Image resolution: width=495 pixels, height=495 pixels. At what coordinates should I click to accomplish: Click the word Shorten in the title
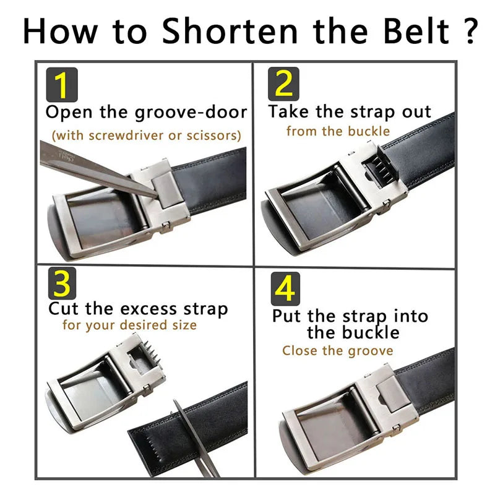coord(230,30)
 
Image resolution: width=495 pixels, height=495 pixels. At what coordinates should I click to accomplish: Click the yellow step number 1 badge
coord(62,85)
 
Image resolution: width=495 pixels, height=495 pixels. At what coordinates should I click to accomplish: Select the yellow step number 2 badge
coord(283,84)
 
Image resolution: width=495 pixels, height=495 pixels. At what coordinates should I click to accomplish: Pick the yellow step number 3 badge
coord(62,283)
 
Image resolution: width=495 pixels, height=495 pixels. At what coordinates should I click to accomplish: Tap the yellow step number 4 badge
coord(285,288)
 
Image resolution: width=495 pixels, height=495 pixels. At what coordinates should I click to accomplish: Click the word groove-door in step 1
coord(191,113)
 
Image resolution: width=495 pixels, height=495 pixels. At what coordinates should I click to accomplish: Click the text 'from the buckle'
coord(338,131)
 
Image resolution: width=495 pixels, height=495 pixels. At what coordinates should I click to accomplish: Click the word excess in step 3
coord(149,309)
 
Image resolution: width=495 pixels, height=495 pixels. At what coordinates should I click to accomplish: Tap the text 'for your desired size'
coord(129,325)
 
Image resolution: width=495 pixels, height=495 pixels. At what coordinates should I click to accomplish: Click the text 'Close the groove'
coord(338,351)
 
